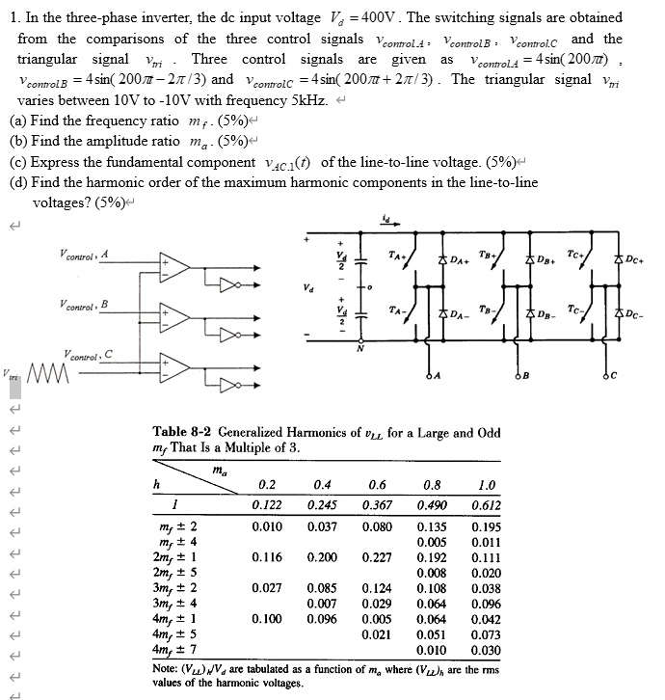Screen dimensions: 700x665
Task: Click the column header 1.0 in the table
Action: [484, 484]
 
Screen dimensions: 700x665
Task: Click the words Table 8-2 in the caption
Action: [184, 432]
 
